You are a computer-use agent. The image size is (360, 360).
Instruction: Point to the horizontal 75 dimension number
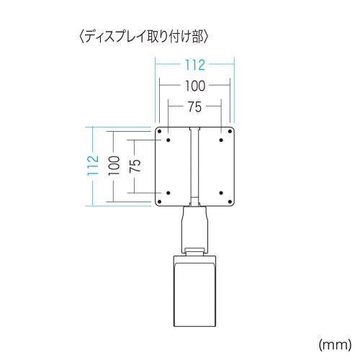coord(193,106)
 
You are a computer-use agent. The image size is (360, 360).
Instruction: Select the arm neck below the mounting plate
coord(194,227)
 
